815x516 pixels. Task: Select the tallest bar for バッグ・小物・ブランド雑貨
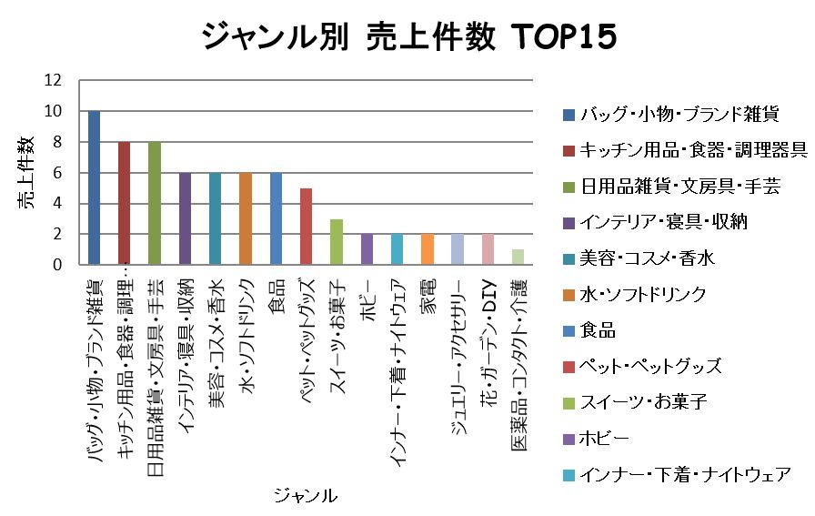point(94,187)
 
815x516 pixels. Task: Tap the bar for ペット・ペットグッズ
point(306,227)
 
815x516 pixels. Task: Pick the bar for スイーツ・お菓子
point(336,242)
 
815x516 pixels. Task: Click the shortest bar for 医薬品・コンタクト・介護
point(518,258)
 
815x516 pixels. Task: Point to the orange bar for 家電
point(427,249)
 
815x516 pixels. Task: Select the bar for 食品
point(276,218)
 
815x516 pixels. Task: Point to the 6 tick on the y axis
point(57,173)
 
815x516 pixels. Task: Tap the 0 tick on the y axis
point(57,266)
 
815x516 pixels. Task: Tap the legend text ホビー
point(604,439)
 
